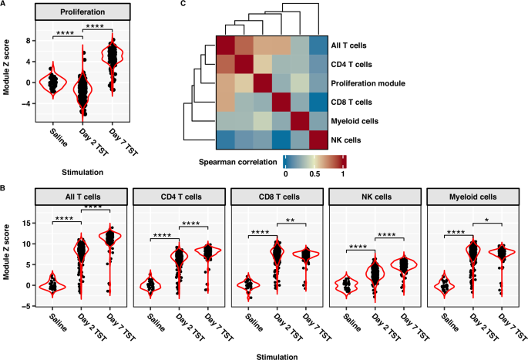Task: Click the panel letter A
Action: click(x=5, y=5)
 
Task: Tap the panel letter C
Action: click(x=183, y=5)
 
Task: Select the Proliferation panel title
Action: click(x=81, y=14)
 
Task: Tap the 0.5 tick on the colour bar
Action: click(x=314, y=174)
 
